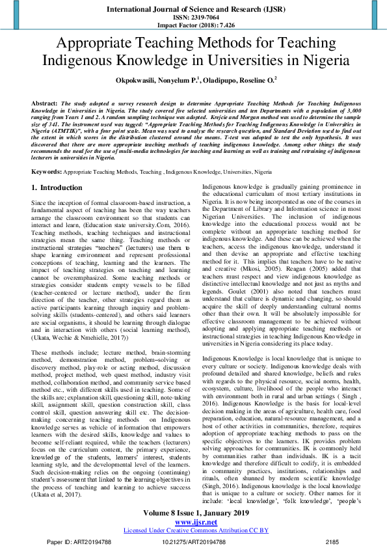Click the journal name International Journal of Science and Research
click(193, 9)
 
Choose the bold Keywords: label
click(47, 172)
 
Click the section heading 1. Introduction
click(57, 187)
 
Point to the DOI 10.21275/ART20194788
click(193, 541)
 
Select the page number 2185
click(332, 541)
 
